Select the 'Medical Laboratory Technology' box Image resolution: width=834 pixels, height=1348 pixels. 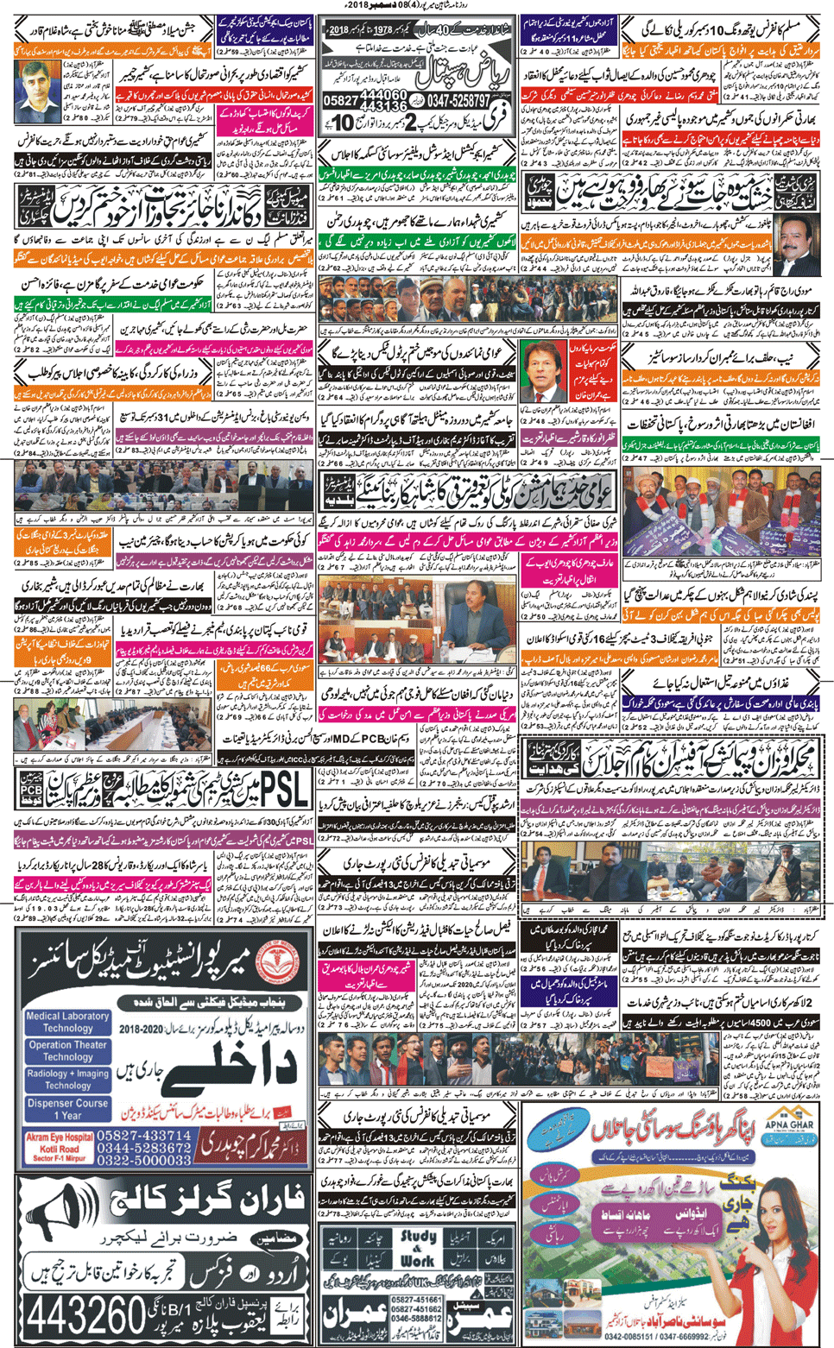point(67,1022)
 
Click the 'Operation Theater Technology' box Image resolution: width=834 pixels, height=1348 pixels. point(67,1050)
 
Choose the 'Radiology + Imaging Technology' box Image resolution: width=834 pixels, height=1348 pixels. point(67,1079)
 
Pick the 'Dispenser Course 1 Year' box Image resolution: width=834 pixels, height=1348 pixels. point(67,1108)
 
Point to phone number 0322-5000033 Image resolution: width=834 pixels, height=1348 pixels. point(144,1161)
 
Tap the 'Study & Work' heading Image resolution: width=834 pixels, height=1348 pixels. point(418,1248)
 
